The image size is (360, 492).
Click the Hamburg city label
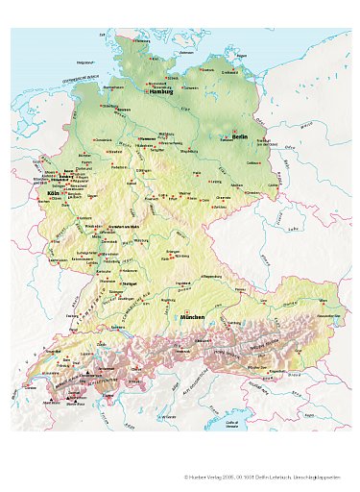pyautogui.click(x=159, y=93)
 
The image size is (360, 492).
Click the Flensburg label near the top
pyautogui.click(x=143, y=41)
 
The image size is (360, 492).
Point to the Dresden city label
pyautogui.click(x=252, y=192)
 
